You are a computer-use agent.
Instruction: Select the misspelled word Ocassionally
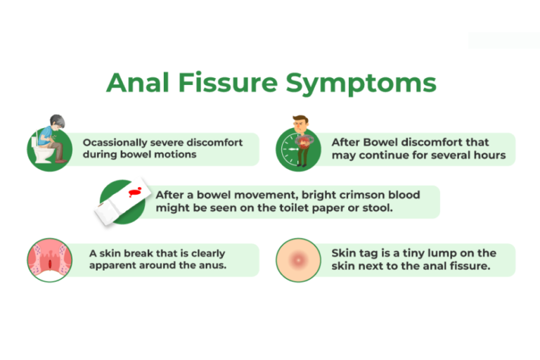pyautogui.click(x=113, y=142)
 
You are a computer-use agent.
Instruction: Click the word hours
pyautogui.click(x=489, y=155)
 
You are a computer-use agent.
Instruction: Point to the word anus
pyautogui.click(x=210, y=266)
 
